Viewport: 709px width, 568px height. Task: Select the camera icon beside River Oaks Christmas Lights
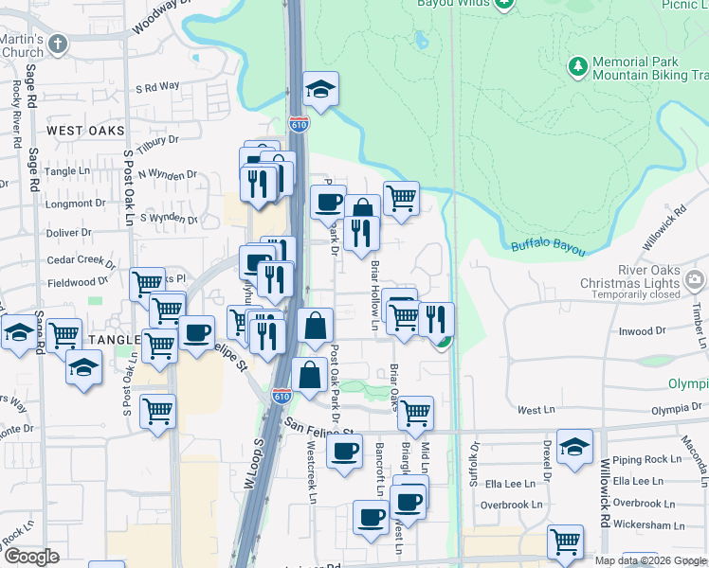pos(697,279)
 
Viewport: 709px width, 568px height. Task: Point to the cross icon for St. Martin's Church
pos(59,44)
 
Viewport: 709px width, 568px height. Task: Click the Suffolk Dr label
pos(476,463)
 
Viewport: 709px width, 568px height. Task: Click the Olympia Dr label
pos(676,411)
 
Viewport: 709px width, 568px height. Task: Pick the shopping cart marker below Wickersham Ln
pos(565,542)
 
